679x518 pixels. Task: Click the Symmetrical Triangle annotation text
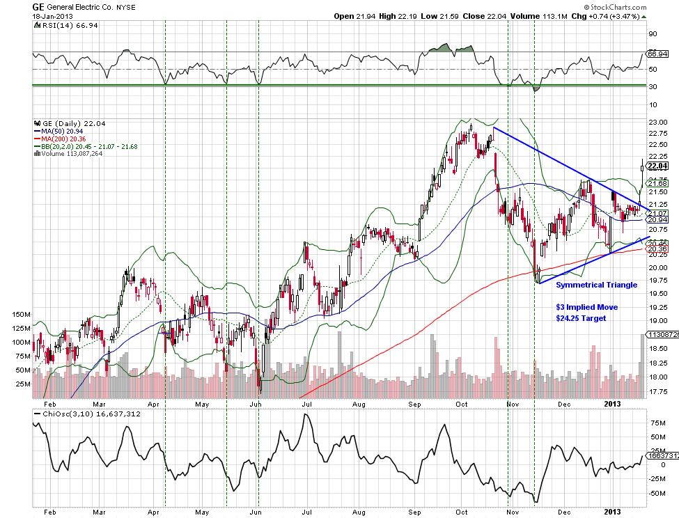coord(596,285)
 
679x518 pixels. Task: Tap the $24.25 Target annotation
coord(581,318)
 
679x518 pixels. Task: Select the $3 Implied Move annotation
coord(586,307)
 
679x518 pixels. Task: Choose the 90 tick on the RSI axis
coord(653,33)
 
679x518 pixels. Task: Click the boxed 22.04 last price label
coord(658,166)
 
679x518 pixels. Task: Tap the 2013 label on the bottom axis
coord(611,403)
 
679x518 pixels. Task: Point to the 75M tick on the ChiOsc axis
coord(655,422)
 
